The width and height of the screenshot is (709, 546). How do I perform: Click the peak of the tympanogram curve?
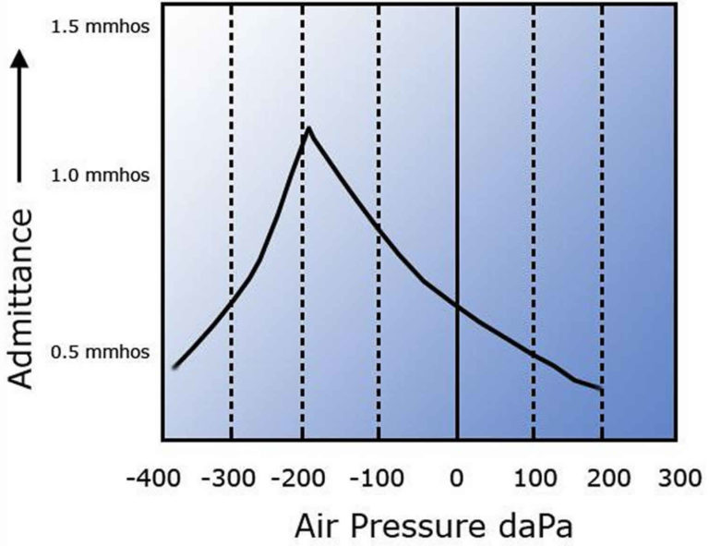point(308,128)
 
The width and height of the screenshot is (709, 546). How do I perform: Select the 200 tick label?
point(605,480)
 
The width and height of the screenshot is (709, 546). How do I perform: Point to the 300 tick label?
point(678,480)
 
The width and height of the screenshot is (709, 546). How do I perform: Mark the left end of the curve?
point(174,366)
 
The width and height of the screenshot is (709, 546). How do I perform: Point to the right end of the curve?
point(602,389)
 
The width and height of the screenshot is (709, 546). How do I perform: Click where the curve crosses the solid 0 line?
point(457,307)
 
